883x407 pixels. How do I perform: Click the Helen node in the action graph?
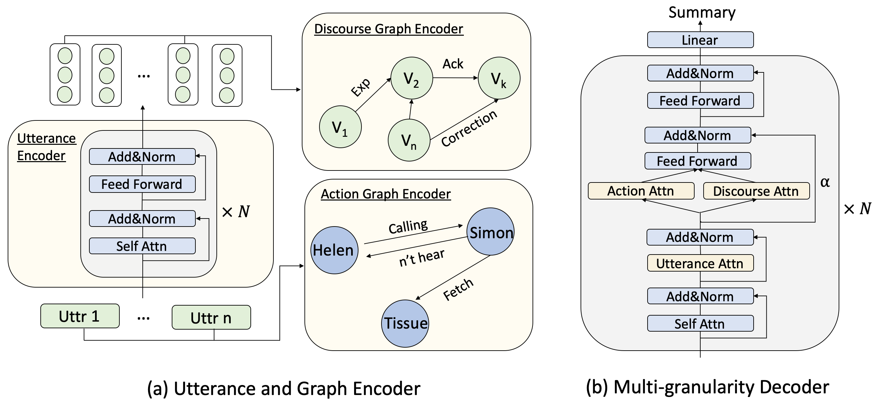(x=334, y=250)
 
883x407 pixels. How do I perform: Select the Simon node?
(x=491, y=232)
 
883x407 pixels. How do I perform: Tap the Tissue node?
(x=405, y=323)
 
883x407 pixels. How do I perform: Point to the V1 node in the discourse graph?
(x=340, y=127)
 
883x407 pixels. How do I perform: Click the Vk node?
(x=499, y=78)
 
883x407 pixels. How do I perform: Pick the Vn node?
(x=408, y=140)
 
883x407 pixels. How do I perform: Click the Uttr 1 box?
(x=80, y=316)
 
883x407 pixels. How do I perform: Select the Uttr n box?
(x=211, y=318)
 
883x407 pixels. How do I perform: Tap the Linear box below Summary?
(x=700, y=40)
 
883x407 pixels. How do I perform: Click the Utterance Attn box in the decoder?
(x=700, y=263)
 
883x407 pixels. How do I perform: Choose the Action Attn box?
(x=641, y=191)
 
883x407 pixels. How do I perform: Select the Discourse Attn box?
(x=756, y=191)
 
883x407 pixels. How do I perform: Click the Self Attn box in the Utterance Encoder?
(x=142, y=246)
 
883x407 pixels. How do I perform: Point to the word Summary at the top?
(x=702, y=12)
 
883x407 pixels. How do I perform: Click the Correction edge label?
(x=469, y=128)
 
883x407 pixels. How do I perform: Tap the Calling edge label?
(x=408, y=227)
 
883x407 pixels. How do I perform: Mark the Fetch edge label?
(x=458, y=289)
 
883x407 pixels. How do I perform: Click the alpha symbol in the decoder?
(x=825, y=182)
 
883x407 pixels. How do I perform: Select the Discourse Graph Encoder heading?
(x=388, y=29)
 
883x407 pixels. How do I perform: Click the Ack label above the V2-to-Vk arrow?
(x=453, y=64)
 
